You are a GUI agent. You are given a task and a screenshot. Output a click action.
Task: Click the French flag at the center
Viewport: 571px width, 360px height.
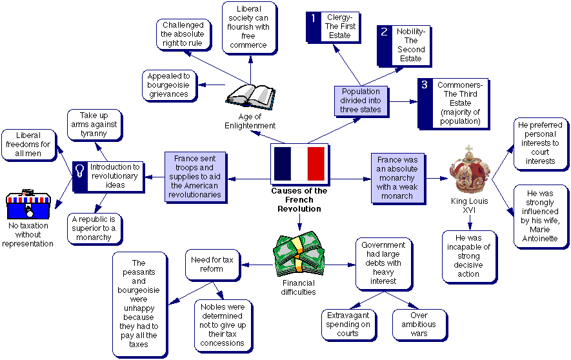(x=299, y=164)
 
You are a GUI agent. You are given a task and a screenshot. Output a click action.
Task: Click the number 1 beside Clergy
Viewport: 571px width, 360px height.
(x=313, y=19)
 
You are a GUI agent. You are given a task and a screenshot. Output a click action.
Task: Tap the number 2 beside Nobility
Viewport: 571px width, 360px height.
(x=384, y=32)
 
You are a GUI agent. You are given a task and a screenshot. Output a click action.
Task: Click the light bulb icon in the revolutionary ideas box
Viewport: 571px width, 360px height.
(x=81, y=171)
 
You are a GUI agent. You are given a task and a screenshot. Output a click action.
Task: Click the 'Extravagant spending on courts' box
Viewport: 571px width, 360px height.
(x=347, y=325)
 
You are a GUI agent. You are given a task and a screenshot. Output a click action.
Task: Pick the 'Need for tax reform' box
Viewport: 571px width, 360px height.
(x=212, y=265)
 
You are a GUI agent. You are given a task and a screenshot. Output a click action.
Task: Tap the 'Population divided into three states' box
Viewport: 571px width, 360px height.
(x=361, y=101)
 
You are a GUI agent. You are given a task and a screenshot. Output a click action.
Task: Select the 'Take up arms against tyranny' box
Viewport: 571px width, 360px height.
(x=94, y=125)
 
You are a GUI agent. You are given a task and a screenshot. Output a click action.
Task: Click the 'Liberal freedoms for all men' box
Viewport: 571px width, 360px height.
(x=27, y=144)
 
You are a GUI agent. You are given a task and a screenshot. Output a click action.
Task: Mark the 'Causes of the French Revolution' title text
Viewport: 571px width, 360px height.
(x=299, y=200)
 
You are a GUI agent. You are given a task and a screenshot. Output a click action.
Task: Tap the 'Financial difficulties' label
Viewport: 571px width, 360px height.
(x=299, y=288)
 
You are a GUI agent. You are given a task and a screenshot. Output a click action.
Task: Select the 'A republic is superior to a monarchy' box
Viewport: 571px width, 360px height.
(x=94, y=228)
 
